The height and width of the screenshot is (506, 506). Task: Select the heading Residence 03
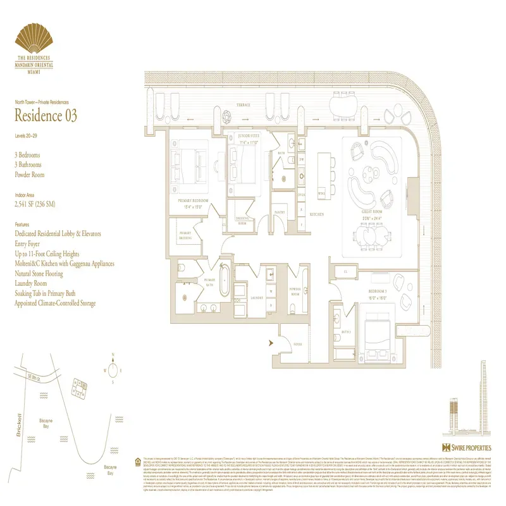coord(46,116)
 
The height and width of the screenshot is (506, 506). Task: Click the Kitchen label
coord(317,215)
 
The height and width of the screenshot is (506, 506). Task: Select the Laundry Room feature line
coord(36,283)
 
